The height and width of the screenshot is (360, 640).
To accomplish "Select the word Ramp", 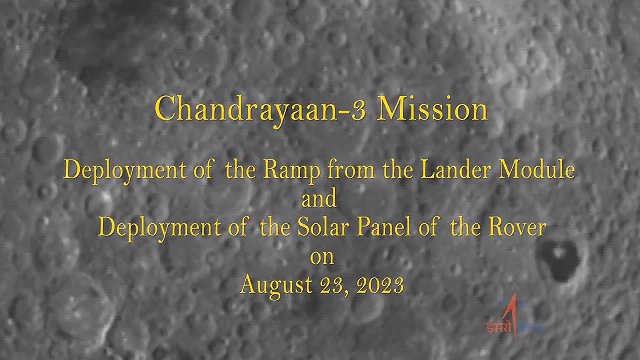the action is coord(291,171).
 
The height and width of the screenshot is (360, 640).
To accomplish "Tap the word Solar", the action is coord(323,228).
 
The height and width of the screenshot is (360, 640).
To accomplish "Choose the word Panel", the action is coord(384,228).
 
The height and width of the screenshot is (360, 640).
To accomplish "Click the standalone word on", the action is coord(322,257).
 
